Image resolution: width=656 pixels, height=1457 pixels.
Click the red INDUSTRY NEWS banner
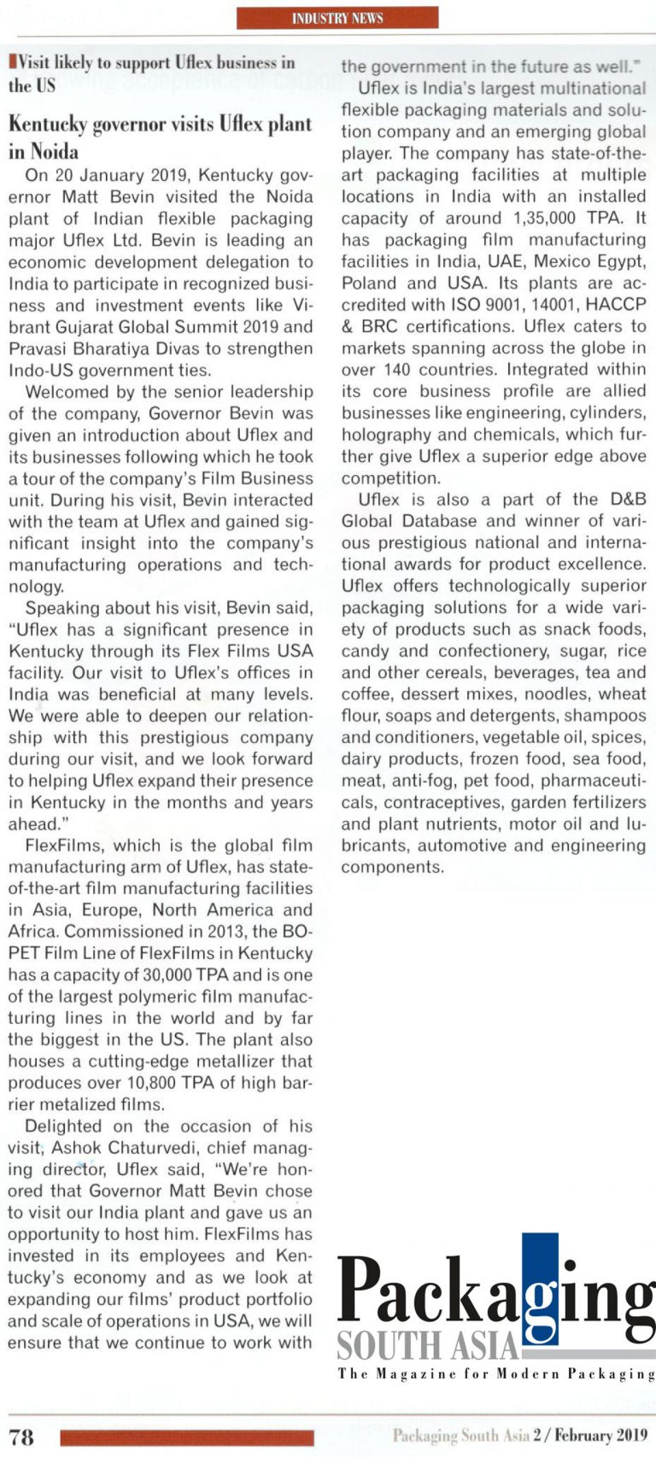click(x=337, y=18)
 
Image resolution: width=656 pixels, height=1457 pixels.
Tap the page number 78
click(x=21, y=1437)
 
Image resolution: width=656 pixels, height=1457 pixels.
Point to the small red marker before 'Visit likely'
click(x=11, y=61)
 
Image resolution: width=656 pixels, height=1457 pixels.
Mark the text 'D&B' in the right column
click(x=628, y=500)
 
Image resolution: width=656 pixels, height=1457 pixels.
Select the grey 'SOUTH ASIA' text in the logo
click(x=428, y=1347)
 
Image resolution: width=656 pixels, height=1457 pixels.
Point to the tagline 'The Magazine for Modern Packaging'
click(x=496, y=1374)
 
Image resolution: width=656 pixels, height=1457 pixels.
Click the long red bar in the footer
click(x=187, y=1437)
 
